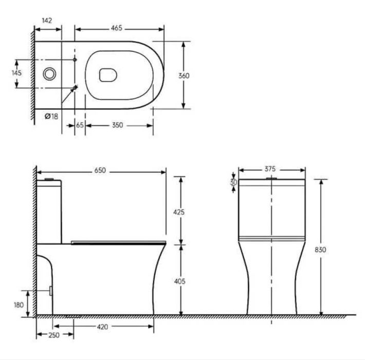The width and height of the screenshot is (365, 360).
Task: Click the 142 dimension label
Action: click(47, 21)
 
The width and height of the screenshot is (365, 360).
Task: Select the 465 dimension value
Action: click(116, 28)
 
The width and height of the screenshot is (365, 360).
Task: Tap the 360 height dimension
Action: click(184, 76)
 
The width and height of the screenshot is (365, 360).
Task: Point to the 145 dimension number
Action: click(17, 73)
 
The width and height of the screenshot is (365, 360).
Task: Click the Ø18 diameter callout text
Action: click(51, 116)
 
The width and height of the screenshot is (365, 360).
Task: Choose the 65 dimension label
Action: click(80, 125)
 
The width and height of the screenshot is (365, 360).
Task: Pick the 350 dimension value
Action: click(118, 125)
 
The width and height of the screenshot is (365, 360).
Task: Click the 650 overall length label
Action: click(100, 170)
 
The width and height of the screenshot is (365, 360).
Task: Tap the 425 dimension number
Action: click(179, 212)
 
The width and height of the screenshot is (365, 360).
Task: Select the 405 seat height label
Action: click(180, 281)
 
